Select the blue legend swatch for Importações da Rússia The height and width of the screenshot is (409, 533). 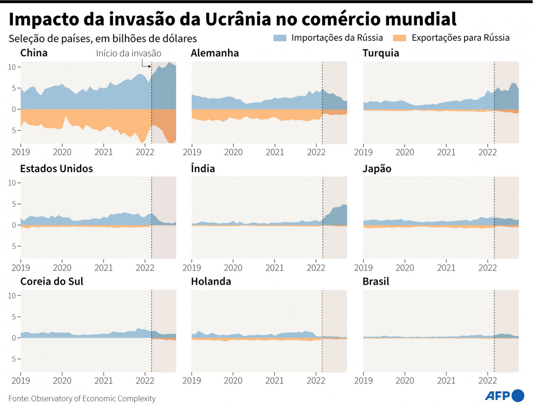(280, 38)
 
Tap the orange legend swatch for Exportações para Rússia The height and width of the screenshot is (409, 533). (399, 38)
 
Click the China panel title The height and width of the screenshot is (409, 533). (34, 53)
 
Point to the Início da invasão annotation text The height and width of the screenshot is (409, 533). (129, 53)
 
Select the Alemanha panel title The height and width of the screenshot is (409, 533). (215, 53)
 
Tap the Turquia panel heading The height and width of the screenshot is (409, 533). (381, 53)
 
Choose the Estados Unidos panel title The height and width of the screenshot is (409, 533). (56, 169)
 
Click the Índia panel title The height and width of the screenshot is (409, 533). (203, 169)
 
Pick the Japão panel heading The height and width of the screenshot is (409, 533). (377, 169)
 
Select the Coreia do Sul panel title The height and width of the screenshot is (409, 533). (52, 282)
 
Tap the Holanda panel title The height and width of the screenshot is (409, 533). (211, 282)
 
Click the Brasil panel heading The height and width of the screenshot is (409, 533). (376, 282)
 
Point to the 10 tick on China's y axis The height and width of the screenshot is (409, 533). (12, 67)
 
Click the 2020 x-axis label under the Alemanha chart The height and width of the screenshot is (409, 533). (233, 153)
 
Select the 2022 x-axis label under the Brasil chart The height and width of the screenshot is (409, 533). (488, 381)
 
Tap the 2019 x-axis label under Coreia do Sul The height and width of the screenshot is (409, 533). (21, 381)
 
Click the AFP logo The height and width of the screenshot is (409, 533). (504, 396)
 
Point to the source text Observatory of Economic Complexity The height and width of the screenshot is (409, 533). (93, 399)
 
